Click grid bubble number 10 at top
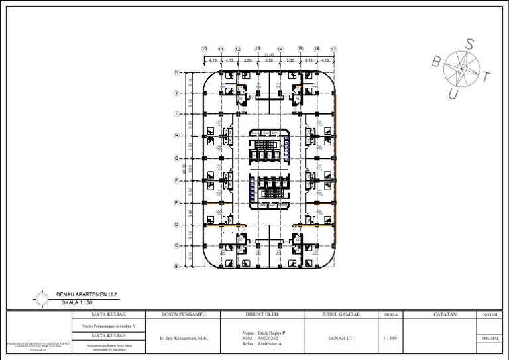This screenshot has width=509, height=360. (204, 49)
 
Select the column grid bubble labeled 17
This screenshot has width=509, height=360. (334, 49)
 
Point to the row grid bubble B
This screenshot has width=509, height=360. (176, 267)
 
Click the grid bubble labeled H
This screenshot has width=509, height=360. (176, 136)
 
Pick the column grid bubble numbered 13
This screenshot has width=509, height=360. (257, 49)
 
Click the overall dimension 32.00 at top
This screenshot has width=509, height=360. (268, 56)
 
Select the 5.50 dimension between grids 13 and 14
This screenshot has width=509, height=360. (268, 60)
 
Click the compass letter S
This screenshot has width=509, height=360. (469, 44)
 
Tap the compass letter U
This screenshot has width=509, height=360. (453, 95)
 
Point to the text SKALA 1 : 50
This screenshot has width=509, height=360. (77, 302)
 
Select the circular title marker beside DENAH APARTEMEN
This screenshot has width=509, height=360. (42, 298)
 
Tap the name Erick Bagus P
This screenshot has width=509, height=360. (265, 333)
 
